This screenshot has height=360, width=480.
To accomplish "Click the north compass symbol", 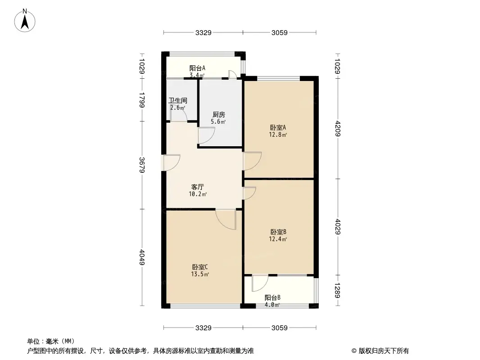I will coord(26,20).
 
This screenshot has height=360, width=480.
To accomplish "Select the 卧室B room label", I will coord(278,232).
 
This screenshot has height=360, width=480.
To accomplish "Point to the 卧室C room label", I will coord(200,266).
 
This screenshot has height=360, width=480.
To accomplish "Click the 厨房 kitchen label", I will coord(218,115).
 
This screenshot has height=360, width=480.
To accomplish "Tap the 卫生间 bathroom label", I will coord(178,101).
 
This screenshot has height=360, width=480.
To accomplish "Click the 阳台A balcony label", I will coord(197,68).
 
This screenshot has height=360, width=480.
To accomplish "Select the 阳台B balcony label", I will coord(272,297).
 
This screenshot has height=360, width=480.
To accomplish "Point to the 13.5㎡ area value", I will coord(200,274).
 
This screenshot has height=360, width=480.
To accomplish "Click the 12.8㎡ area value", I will coord(278,134).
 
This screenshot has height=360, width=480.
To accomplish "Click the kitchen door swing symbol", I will coord(206,135).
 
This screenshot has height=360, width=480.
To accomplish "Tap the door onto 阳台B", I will coord(259,283).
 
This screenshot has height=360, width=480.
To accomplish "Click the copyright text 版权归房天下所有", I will coord(380,351).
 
